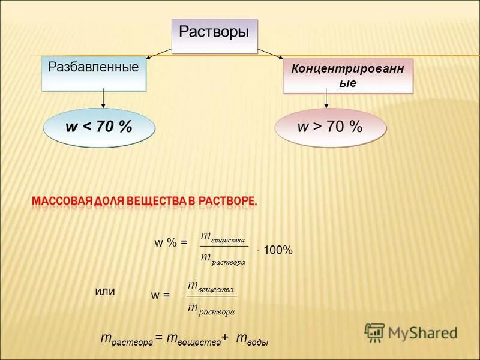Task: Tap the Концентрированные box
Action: (348, 76)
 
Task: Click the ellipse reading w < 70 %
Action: (99, 127)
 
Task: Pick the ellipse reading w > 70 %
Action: (330, 127)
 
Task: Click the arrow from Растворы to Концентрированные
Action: (270, 54)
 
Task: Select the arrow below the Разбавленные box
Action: (103, 99)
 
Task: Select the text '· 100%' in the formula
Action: (275, 250)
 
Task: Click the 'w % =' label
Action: (171, 242)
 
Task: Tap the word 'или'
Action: (105, 290)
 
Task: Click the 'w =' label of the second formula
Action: (160, 295)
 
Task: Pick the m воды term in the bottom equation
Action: (252, 340)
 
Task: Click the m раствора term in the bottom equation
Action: (127, 340)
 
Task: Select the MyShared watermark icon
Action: (374, 332)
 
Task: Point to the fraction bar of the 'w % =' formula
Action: (224, 246)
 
